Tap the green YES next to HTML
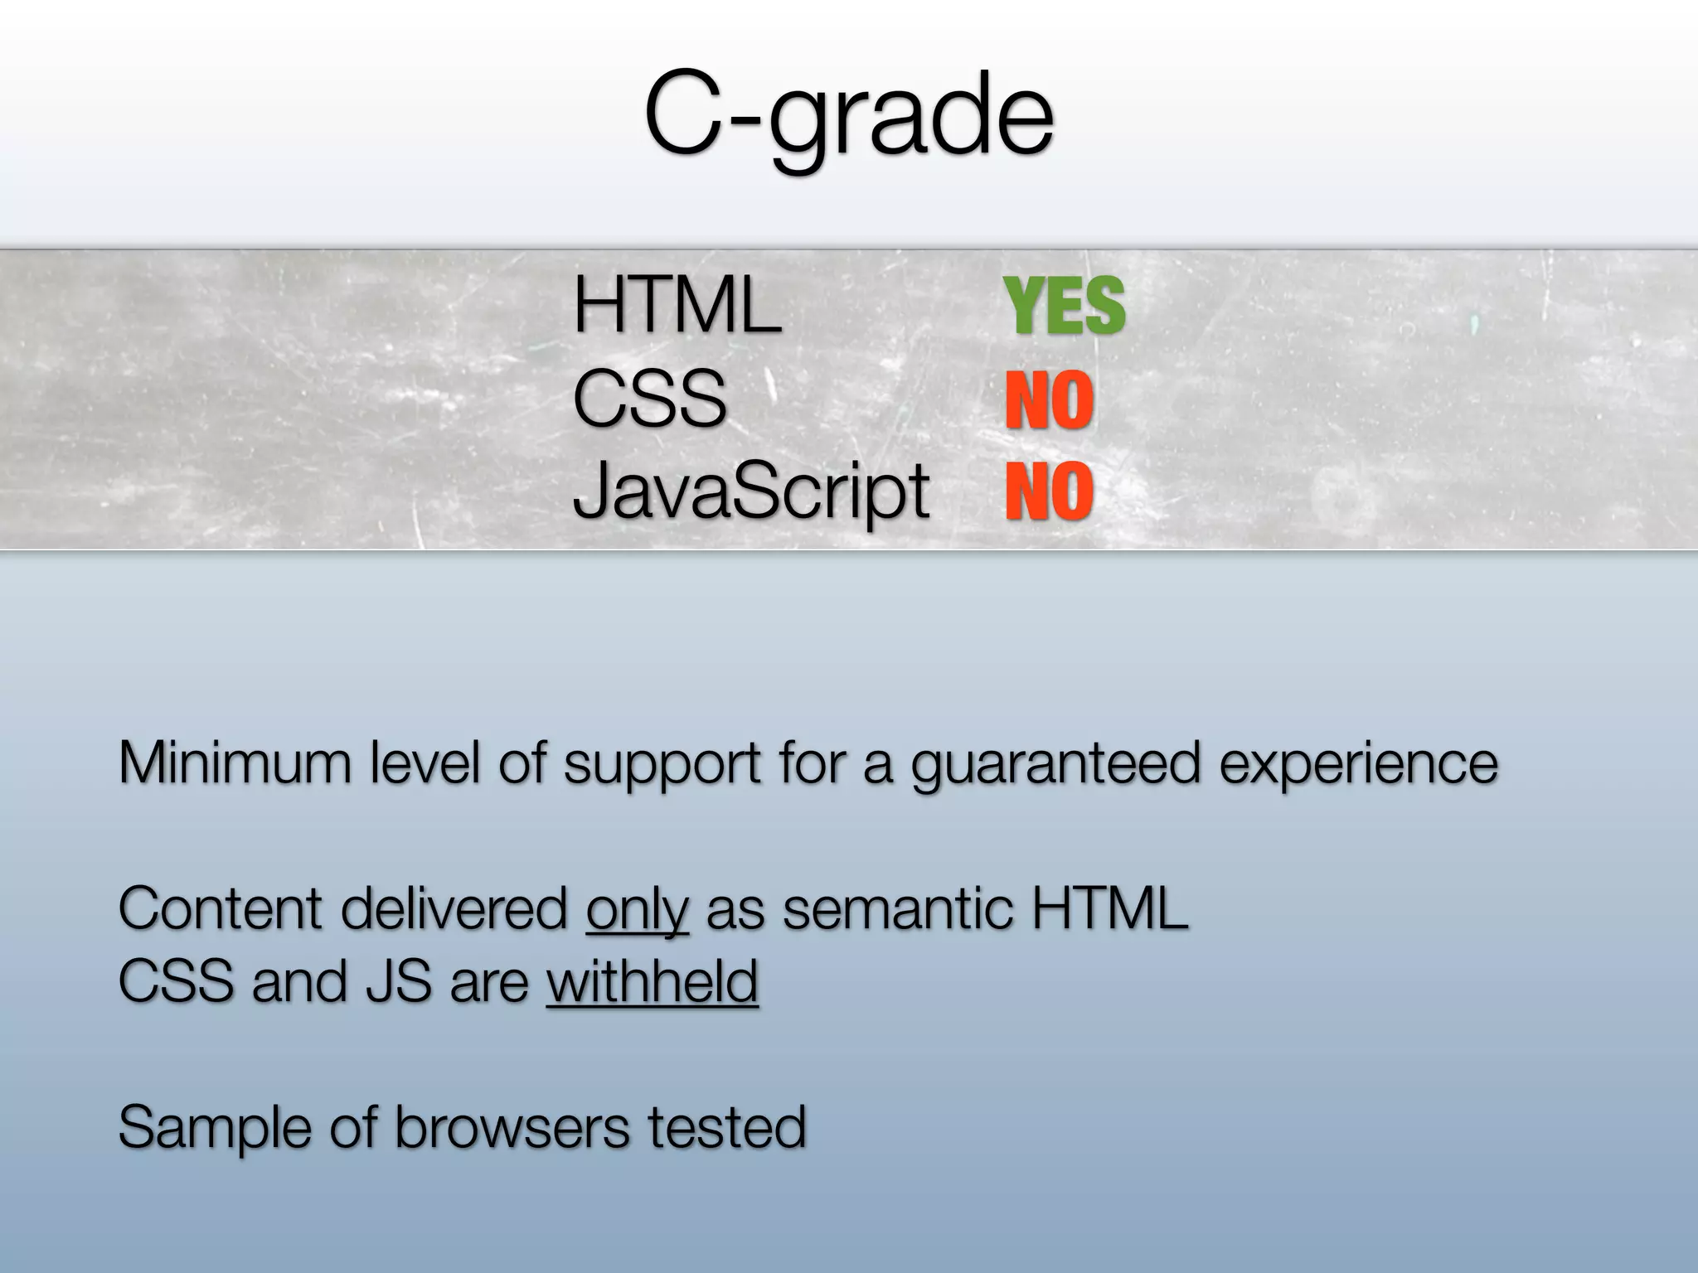[1065, 307]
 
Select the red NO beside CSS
[1050, 401]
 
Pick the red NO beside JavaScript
[1050, 491]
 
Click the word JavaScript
[750, 491]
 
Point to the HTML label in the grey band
[677, 307]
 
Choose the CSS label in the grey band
[649, 399]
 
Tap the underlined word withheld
[653, 982]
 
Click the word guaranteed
[1055, 764]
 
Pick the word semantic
[897, 909]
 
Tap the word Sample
[215, 1128]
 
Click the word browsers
[511, 1127]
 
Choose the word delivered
[454, 909]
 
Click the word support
[662, 764]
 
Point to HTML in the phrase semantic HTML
[1109, 909]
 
